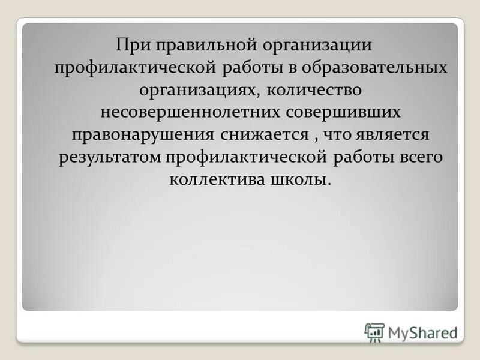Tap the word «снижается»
click(x=262, y=134)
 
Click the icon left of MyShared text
click(x=374, y=331)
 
